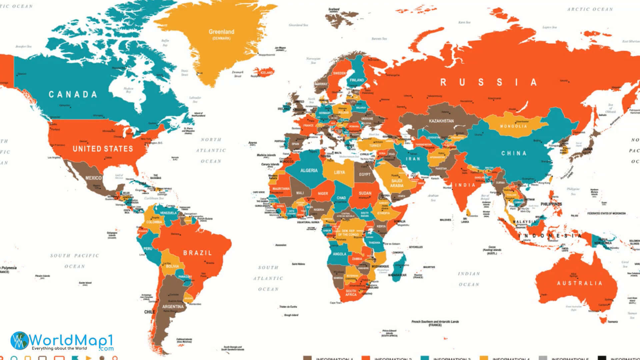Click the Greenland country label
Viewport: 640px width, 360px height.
point(221,32)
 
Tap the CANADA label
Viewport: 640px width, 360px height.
point(73,95)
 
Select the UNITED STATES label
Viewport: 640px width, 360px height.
point(103,149)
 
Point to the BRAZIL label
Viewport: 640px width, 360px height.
point(197,253)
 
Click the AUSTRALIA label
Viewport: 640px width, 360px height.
point(580,283)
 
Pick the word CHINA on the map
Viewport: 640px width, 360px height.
point(514,153)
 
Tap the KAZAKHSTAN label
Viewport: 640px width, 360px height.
point(441,121)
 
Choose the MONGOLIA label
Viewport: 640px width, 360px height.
point(513,126)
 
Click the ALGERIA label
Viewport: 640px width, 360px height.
point(309,170)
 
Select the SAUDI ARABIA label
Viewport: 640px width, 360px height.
point(397,183)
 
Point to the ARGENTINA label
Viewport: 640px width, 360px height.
point(173,307)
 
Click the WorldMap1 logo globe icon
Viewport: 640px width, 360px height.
point(19,341)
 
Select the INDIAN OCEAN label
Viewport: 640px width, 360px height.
point(469,279)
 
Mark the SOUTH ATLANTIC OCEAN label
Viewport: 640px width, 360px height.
point(268,278)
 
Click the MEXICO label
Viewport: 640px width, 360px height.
point(93,178)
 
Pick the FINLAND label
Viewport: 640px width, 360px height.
point(357,80)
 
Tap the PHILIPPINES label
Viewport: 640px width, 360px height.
point(551,204)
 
